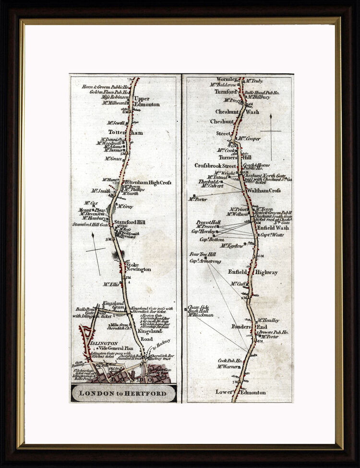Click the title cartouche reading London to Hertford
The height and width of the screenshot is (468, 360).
tap(123, 394)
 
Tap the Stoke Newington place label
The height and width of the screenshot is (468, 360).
tap(138, 267)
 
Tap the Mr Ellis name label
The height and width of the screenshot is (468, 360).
tap(111, 284)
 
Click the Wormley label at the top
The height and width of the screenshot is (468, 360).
tap(227, 79)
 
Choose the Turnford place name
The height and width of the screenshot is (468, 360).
tap(226, 91)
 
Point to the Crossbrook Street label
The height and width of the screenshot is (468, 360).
tap(215, 166)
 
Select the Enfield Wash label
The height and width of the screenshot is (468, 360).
tap(273, 228)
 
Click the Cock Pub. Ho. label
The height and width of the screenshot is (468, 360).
tap(230, 360)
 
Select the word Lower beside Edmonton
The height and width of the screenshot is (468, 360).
tap(224, 392)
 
